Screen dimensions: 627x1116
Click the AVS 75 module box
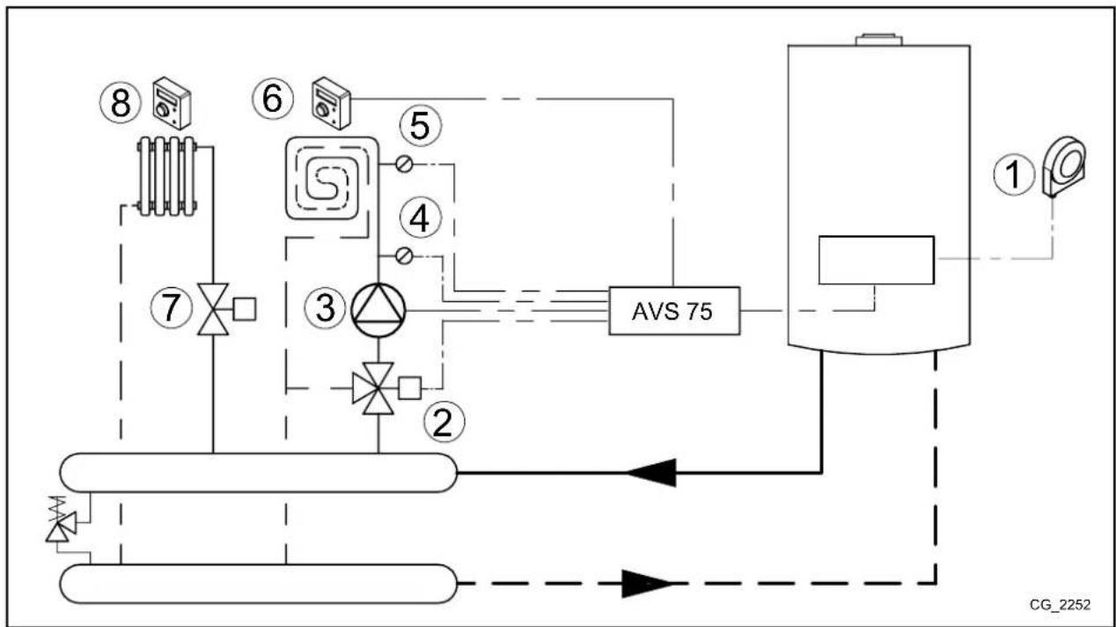click(674, 312)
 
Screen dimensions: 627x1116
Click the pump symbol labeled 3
click(377, 310)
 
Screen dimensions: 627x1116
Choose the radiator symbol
click(167, 175)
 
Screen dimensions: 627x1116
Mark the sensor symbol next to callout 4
click(404, 255)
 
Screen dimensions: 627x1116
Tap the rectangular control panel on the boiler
click(875, 260)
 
